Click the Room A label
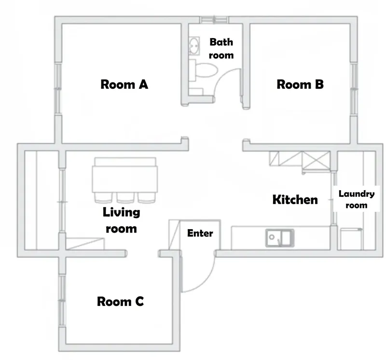(x=124, y=84)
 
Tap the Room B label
(x=300, y=84)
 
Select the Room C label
(x=120, y=302)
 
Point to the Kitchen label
(x=295, y=199)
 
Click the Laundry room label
(x=357, y=199)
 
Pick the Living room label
(x=122, y=220)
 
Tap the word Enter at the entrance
(x=200, y=233)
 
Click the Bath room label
(x=221, y=49)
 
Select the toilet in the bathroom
(x=204, y=70)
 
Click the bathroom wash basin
(x=194, y=46)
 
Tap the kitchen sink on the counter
(x=280, y=238)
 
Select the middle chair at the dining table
(x=125, y=198)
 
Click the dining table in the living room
(x=125, y=179)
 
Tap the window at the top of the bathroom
(x=214, y=20)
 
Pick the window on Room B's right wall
(x=354, y=89)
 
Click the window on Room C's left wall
(x=62, y=301)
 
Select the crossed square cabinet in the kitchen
(x=316, y=160)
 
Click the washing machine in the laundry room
(x=351, y=239)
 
